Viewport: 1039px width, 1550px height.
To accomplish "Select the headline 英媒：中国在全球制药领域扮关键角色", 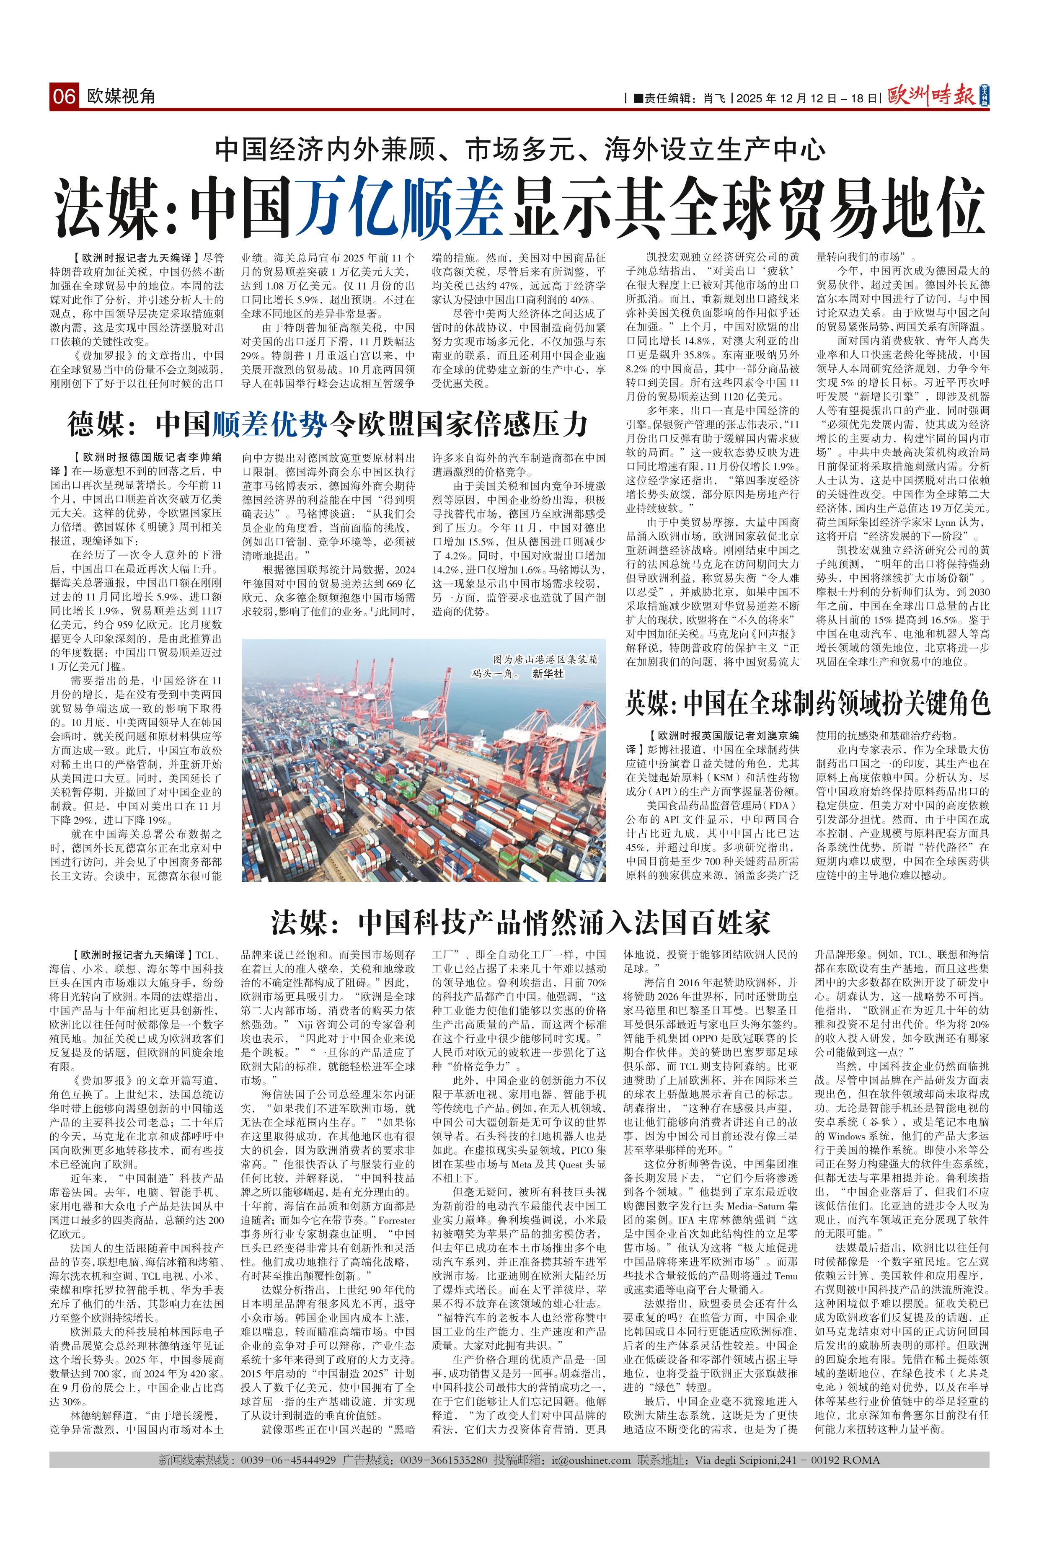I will pos(807,703).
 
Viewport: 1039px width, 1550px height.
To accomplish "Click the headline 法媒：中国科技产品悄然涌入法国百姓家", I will pos(520,921).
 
